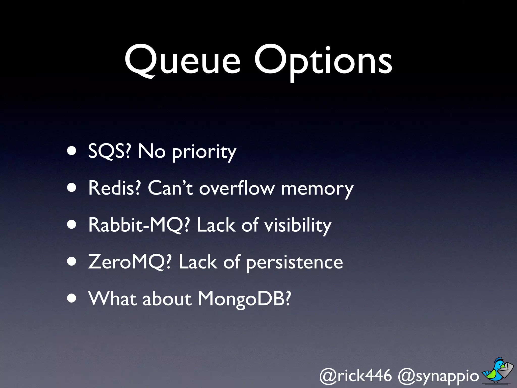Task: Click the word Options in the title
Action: click(323, 62)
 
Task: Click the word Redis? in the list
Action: click(114, 188)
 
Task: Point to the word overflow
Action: click(237, 188)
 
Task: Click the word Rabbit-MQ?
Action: click(139, 225)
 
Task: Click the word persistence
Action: click(294, 263)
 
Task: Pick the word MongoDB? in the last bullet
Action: click(244, 299)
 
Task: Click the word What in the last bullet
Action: click(112, 299)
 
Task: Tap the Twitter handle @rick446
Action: click(355, 376)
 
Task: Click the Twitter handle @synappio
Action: click(438, 376)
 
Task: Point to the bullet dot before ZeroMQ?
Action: click(72, 262)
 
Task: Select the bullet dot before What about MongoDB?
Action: click(72, 298)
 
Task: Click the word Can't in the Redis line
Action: click(170, 188)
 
